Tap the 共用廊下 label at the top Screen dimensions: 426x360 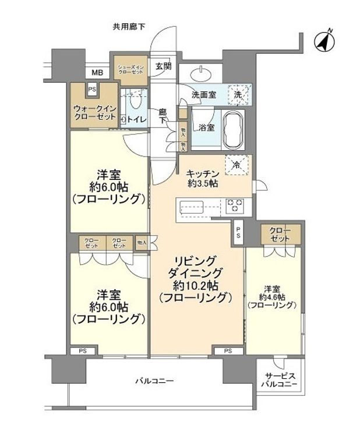(129, 26)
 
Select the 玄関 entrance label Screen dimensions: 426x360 (163, 66)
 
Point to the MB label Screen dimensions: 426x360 (97, 73)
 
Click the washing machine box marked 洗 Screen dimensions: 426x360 (239, 94)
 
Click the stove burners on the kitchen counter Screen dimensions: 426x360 (234, 205)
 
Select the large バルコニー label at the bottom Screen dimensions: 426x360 (155, 381)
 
